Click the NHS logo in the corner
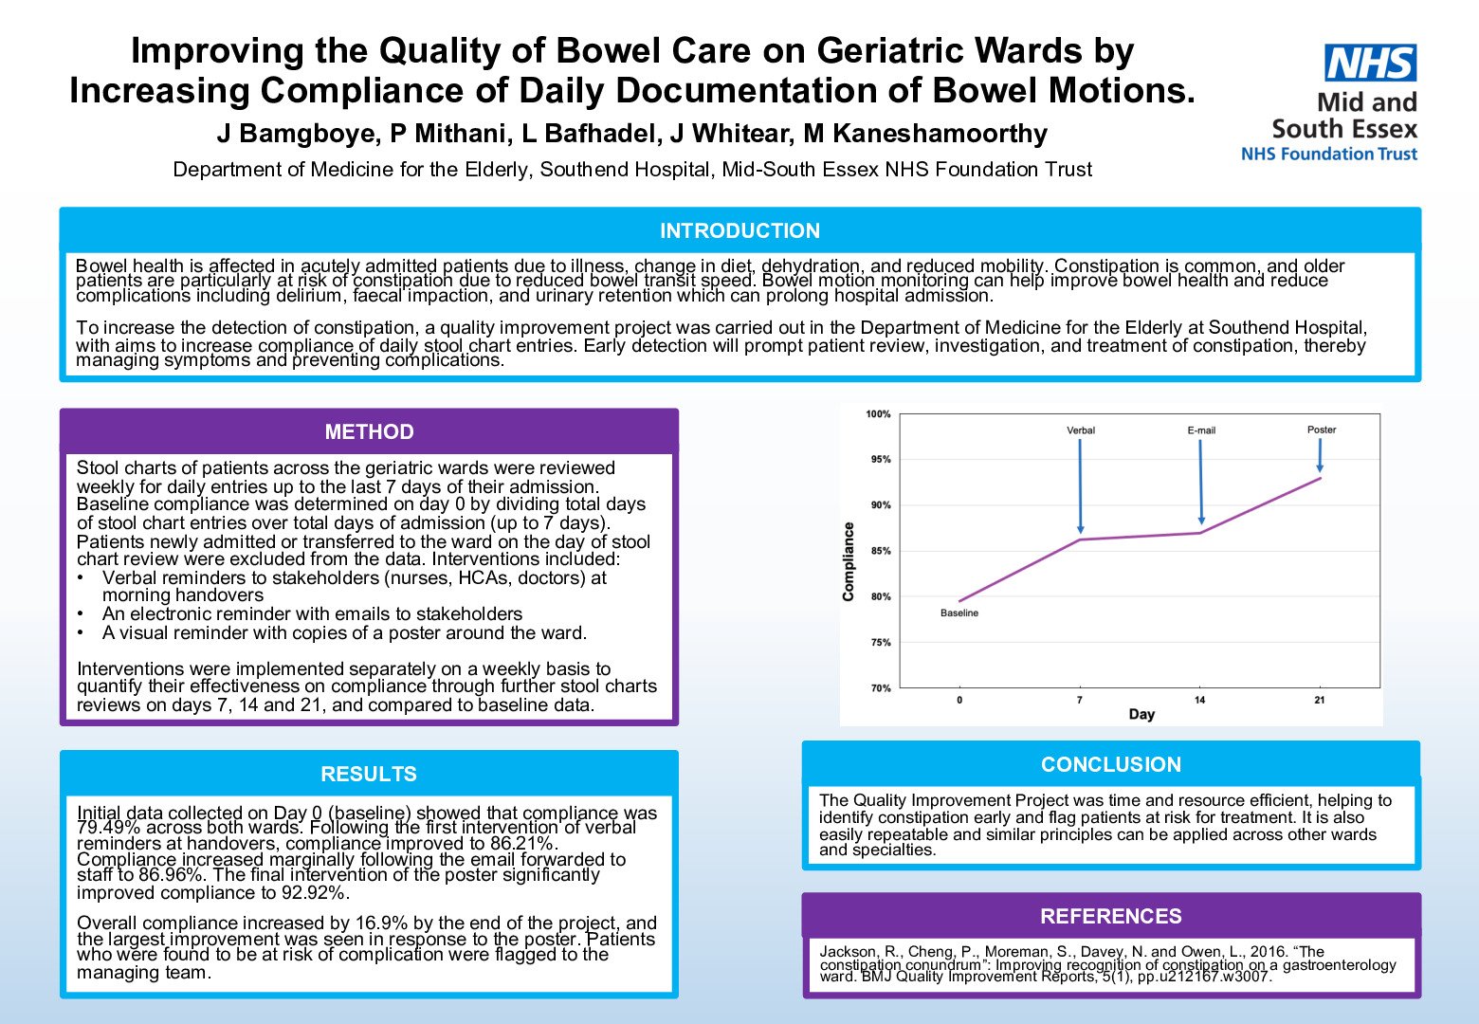pos(1370,64)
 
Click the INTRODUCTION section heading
pos(739,230)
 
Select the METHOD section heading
pos(369,431)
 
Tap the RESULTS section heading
pos(369,774)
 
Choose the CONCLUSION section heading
pos(1110,764)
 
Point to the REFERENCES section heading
pos(1110,916)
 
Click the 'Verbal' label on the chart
pos(1080,430)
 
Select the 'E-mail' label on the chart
pos(1200,430)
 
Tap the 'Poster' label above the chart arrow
pos(1321,430)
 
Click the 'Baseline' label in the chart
pos(959,613)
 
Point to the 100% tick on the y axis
pos(878,414)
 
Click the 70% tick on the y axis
pos(881,688)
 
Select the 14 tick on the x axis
pos(1199,701)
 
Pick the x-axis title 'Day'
pos(1141,714)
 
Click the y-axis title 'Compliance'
pos(849,561)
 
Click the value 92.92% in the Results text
pos(316,893)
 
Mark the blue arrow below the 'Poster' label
pos(1320,455)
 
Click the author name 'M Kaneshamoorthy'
pos(925,134)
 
